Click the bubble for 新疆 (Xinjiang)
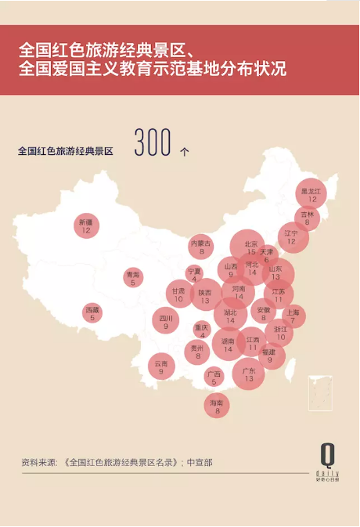[86, 226]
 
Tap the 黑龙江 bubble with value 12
[311, 195]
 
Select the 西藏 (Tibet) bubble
[92, 313]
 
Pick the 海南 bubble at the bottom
[217, 406]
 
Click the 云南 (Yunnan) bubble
[161, 366]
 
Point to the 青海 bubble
[133, 278]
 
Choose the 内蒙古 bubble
[201, 247]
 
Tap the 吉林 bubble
[307, 218]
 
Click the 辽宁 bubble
[292, 237]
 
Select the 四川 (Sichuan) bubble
[166, 322]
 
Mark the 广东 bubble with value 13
[248, 374]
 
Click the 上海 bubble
[293, 316]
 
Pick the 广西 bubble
[214, 377]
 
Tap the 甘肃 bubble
[179, 295]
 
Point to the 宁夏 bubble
[194, 274]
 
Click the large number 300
[152, 143]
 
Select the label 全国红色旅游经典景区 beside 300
[65, 151]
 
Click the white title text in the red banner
[153, 59]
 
